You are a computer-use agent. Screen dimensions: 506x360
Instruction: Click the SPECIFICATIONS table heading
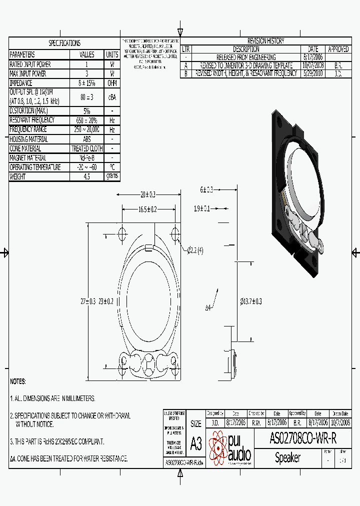click(x=64, y=43)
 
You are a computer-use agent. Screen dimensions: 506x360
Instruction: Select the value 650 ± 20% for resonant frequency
click(x=87, y=120)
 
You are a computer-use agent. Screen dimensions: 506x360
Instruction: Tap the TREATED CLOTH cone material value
click(x=87, y=148)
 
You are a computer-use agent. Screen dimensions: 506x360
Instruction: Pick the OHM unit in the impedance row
click(x=112, y=83)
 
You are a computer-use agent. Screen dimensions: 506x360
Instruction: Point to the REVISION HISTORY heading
click(x=265, y=41)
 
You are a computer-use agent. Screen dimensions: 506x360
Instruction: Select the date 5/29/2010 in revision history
click(x=313, y=73)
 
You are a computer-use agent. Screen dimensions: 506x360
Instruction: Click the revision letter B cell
click(x=186, y=73)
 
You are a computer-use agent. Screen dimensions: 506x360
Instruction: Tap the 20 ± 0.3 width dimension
click(x=147, y=194)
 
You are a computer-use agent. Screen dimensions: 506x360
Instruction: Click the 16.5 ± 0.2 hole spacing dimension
click(x=147, y=209)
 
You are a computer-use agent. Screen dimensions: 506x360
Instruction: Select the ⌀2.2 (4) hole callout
click(x=195, y=250)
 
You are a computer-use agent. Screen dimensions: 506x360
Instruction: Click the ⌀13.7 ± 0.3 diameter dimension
click(x=251, y=301)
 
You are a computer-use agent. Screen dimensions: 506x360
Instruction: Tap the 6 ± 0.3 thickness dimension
click(x=206, y=189)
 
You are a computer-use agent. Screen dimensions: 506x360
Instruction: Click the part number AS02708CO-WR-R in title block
click(x=303, y=438)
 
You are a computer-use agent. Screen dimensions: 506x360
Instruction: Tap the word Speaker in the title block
click(x=288, y=457)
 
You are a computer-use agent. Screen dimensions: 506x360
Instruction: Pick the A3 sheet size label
click(x=196, y=443)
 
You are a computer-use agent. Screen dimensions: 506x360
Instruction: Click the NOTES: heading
click(x=17, y=381)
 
